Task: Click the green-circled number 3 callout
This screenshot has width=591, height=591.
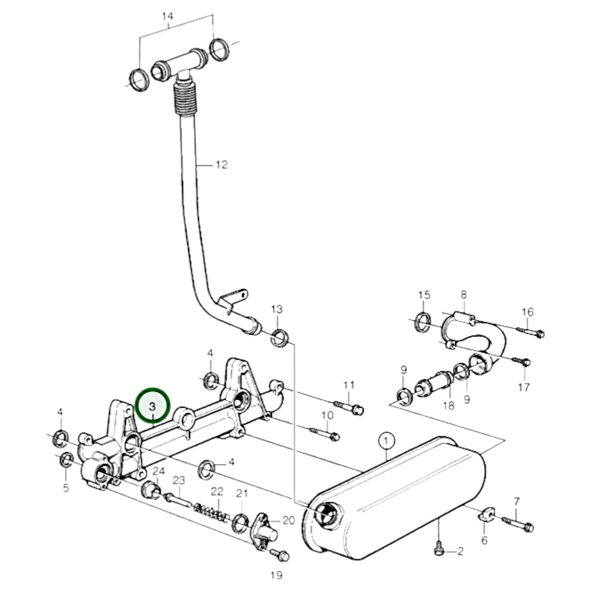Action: pyautogui.click(x=153, y=406)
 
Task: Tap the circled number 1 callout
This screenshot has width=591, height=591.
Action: pyautogui.click(x=387, y=441)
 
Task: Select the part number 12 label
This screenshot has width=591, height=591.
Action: pyautogui.click(x=222, y=165)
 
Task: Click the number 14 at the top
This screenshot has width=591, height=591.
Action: pyautogui.click(x=167, y=16)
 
